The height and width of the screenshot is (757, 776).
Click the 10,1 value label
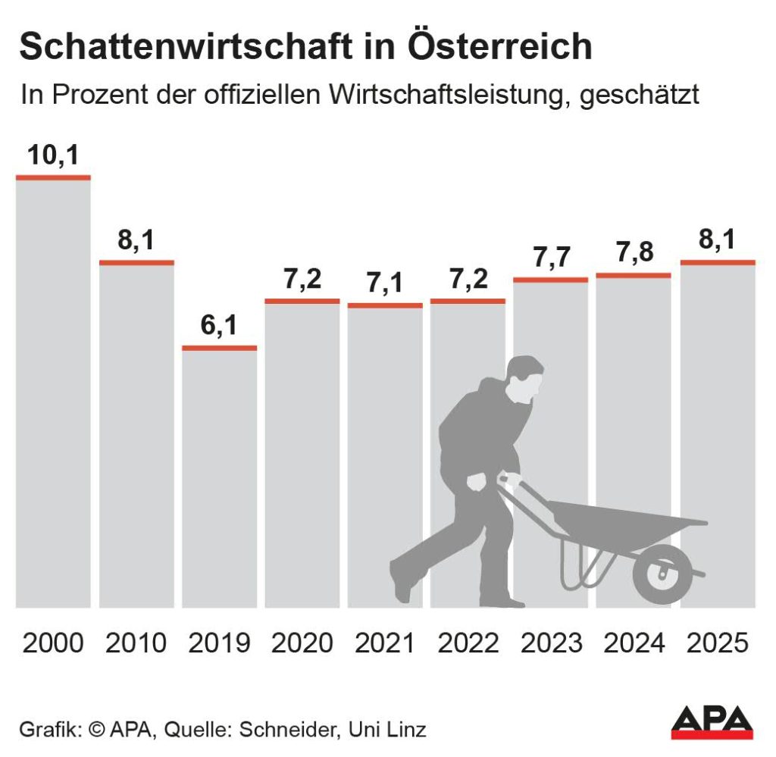[x=53, y=155]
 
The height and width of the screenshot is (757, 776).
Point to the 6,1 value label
[x=219, y=326]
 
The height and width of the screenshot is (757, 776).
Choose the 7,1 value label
[x=385, y=284]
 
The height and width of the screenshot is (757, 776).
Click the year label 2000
[x=53, y=643]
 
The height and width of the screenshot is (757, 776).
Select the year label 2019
[x=219, y=643]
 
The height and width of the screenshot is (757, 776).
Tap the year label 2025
[x=717, y=643]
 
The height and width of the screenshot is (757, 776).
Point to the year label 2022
[x=468, y=643]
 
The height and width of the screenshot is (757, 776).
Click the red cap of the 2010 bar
[x=136, y=262]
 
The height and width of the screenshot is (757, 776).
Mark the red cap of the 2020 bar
[x=302, y=301]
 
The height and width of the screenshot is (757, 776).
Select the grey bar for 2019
[x=219, y=477]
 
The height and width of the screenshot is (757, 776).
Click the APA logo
[x=712, y=722]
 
